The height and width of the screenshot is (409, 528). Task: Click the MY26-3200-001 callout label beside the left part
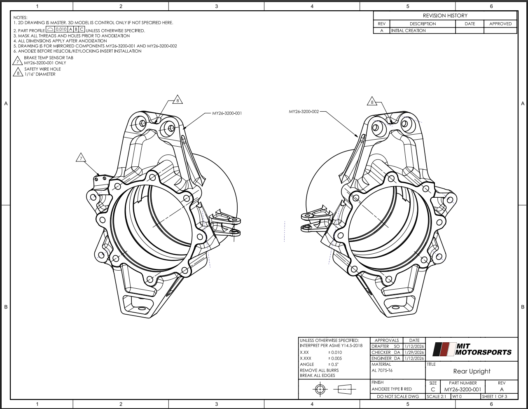[227, 113]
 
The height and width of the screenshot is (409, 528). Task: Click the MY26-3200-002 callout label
[304, 112]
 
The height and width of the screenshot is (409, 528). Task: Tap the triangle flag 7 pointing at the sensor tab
[81, 158]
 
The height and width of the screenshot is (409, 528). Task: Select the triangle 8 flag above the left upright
[178, 100]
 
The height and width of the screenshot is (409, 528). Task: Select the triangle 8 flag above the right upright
[372, 101]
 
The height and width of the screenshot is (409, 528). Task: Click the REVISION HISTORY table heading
[445, 16]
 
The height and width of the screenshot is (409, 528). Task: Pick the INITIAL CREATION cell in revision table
[409, 30]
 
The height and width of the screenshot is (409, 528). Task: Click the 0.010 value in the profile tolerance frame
[61, 29]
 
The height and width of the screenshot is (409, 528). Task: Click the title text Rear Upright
[472, 371]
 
